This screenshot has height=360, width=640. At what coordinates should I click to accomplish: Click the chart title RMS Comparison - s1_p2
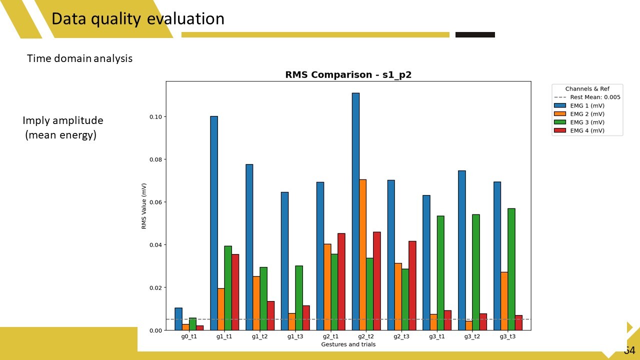(x=348, y=75)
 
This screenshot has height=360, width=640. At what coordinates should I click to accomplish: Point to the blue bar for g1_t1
(x=214, y=223)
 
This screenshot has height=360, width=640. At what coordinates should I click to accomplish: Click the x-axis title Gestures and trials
(x=348, y=344)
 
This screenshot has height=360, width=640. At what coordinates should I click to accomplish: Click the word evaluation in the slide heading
(x=185, y=19)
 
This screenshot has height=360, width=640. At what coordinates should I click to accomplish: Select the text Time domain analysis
(x=80, y=58)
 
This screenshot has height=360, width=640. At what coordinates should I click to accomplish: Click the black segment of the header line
(x=475, y=35)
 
